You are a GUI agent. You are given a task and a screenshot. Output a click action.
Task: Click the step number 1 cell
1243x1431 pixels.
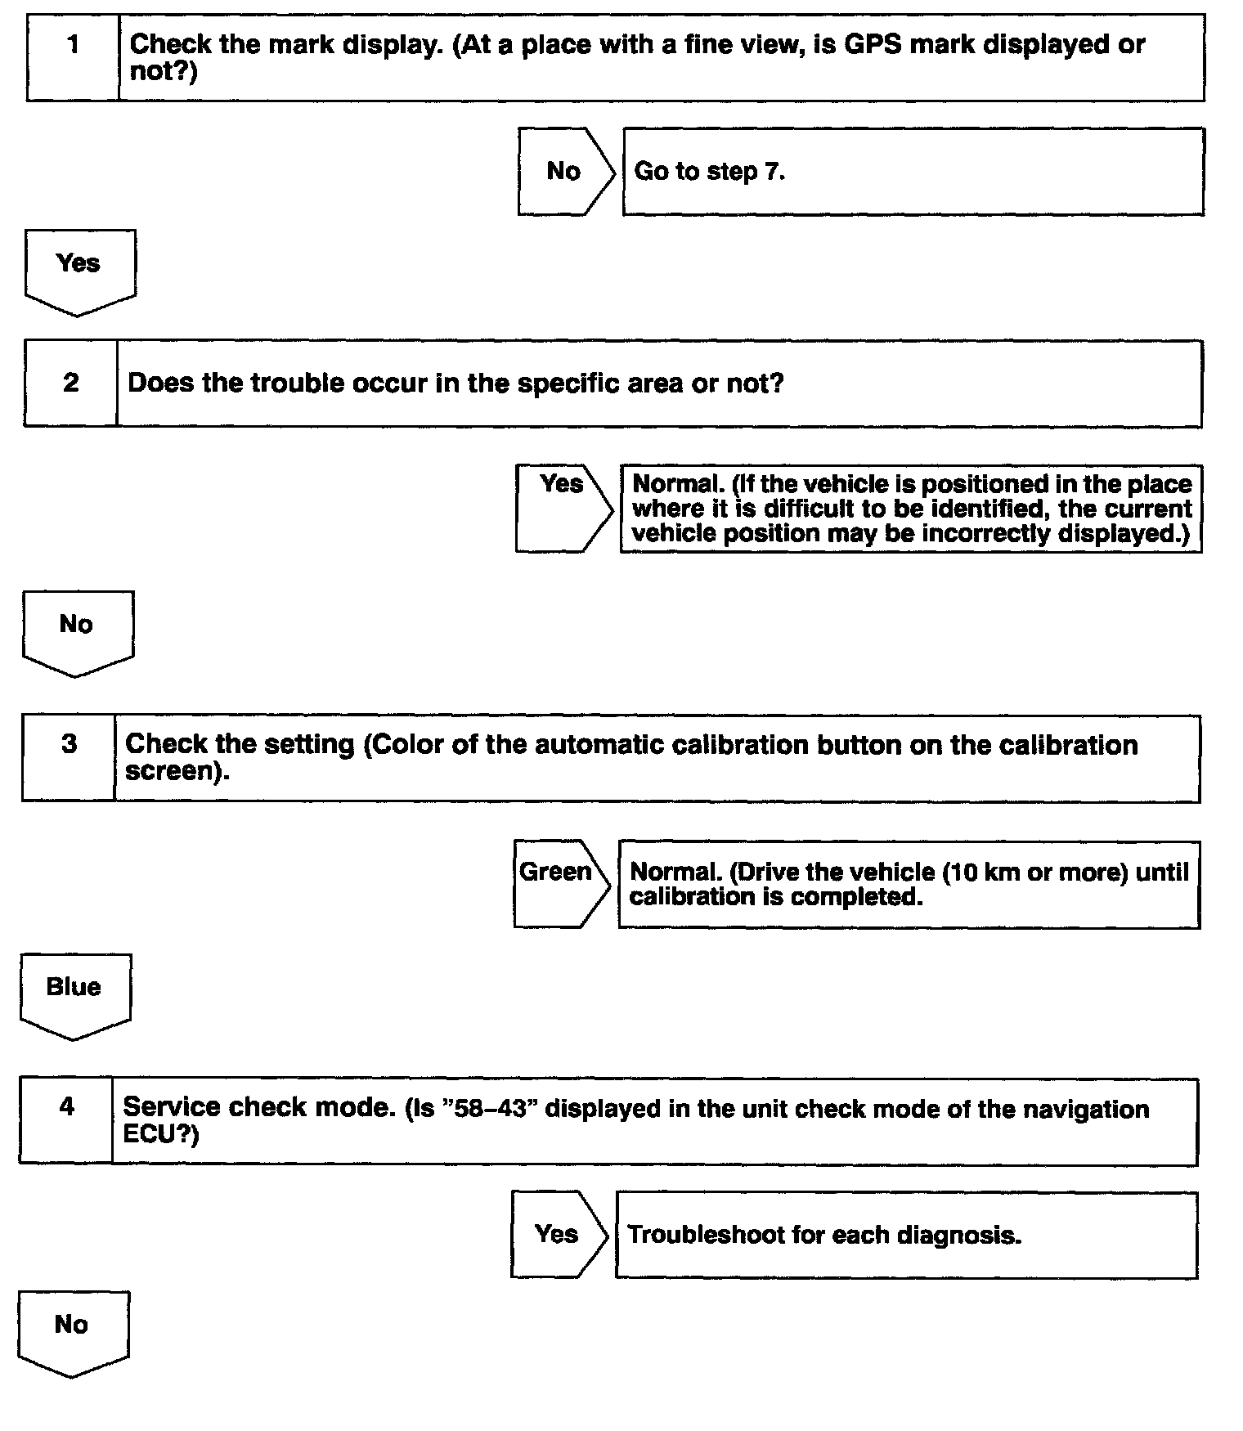click(x=73, y=57)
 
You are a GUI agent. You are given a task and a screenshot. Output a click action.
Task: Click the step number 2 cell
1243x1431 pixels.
click(x=70, y=383)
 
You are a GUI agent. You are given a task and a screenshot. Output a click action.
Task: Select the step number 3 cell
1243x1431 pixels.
click(x=69, y=758)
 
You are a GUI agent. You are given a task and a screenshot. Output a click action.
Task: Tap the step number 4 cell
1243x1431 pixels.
click(x=66, y=1121)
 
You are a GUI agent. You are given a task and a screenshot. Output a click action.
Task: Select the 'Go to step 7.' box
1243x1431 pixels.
click(x=913, y=172)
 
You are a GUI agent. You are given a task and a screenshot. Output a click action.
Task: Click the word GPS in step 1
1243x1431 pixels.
click(x=873, y=44)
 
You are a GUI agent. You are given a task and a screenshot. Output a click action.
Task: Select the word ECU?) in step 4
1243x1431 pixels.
click(x=160, y=1135)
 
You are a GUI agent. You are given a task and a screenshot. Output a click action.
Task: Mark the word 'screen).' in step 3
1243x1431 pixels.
click(x=177, y=771)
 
